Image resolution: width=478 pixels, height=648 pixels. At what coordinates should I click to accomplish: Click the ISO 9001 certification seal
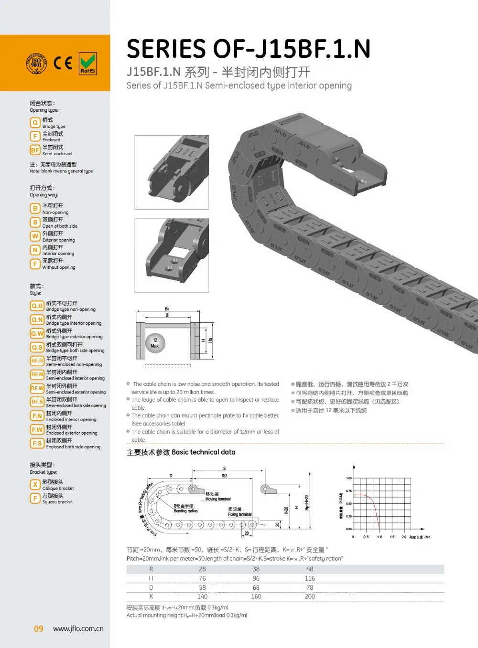coord(36,64)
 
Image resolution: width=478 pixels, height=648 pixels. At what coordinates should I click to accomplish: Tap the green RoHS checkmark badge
coord(87,64)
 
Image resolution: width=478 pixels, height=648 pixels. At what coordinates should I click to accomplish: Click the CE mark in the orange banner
coord(63,63)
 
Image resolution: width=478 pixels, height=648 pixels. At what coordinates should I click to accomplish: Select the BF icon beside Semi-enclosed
coord(35,150)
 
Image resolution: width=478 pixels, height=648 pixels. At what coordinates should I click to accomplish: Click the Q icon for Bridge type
coord(35,123)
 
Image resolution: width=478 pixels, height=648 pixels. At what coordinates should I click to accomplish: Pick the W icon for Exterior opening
coord(35,236)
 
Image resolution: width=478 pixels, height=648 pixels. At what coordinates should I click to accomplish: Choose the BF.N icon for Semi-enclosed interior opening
coord(37,375)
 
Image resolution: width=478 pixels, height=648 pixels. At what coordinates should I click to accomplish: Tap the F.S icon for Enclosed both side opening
coord(37,444)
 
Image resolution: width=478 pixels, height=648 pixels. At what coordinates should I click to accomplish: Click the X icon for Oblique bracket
coord(35,485)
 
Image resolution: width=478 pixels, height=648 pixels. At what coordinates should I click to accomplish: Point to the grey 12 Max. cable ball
coord(155,343)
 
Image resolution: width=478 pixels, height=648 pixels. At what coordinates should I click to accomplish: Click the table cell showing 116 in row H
coord(310,578)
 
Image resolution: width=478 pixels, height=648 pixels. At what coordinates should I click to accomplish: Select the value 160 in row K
coord(256,596)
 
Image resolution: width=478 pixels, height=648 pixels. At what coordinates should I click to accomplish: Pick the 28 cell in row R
coord(202,569)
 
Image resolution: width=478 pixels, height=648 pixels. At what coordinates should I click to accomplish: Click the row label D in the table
coord(151,587)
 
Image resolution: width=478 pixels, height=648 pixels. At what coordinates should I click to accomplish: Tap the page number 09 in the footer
coord(38,629)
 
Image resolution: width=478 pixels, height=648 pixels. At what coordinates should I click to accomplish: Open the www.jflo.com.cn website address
coord(78,629)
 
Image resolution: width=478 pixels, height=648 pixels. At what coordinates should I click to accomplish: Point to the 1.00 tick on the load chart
coord(348,478)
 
